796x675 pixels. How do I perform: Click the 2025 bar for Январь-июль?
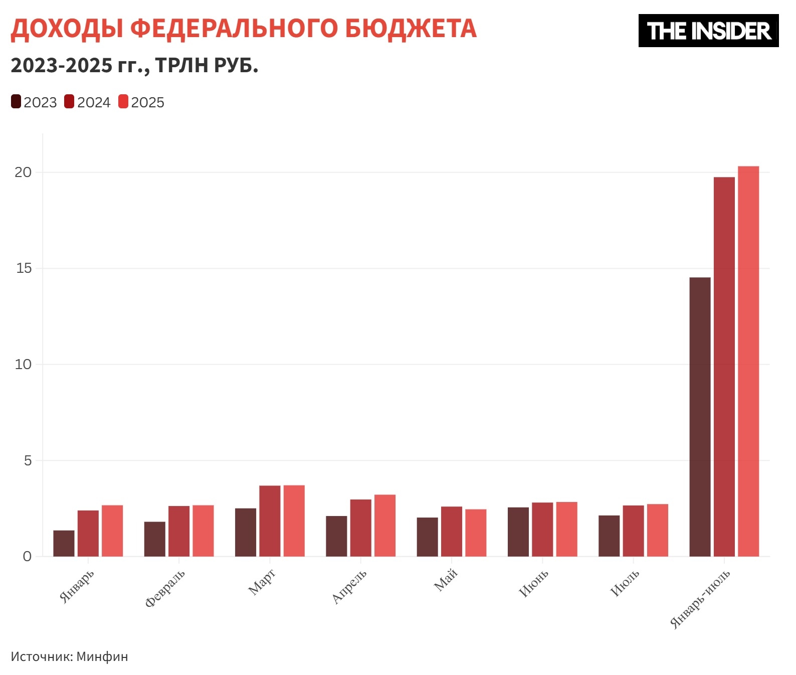click(748, 361)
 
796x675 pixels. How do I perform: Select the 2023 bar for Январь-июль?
click(700, 417)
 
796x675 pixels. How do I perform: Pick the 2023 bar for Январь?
click(64, 543)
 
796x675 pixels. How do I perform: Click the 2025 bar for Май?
click(476, 533)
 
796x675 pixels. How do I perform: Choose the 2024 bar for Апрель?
click(360, 528)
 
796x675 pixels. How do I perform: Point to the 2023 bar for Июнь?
click(518, 532)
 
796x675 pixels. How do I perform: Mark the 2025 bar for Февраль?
click(203, 531)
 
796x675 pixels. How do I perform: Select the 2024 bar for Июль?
click(633, 531)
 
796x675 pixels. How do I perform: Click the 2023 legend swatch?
click(16, 102)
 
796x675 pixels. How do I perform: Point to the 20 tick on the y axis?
click(23, 173)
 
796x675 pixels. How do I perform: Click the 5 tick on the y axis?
click(28, 460)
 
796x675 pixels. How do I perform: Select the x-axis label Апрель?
click(349, 586)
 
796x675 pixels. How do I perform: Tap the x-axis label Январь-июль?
click(700, 599)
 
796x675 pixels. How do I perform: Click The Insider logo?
click(708, 31)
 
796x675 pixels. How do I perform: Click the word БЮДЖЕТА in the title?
click(411, 29)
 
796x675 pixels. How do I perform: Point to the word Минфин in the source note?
click(102, 656)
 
